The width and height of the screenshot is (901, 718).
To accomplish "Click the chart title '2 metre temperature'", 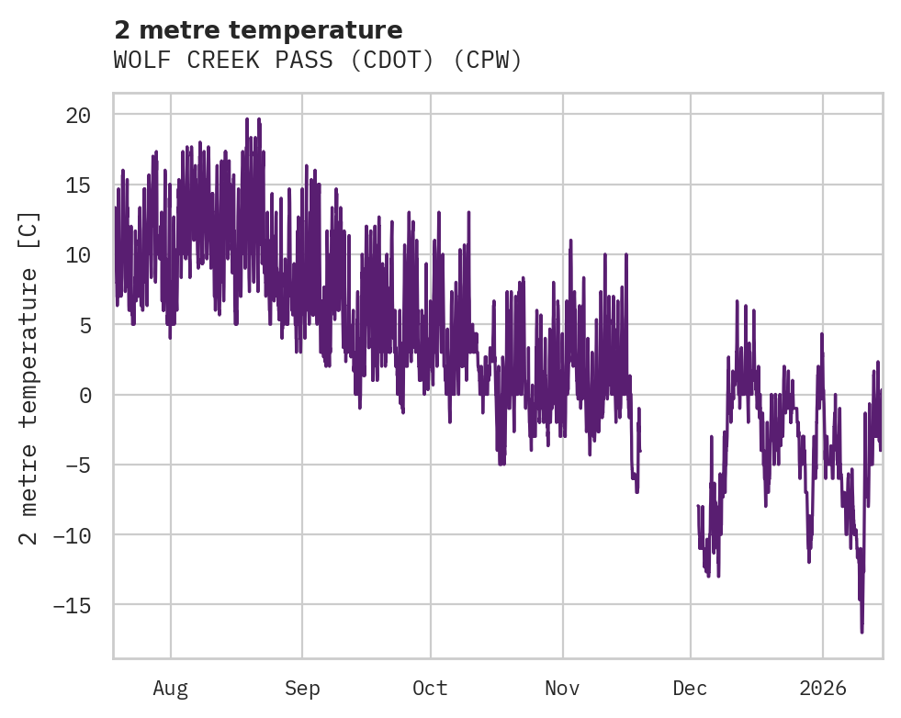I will (258, 30).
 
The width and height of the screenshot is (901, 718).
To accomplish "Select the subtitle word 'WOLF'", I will (140, 61).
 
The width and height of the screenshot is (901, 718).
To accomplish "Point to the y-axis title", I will (29, 377).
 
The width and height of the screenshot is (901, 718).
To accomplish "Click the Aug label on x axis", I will (170, 688).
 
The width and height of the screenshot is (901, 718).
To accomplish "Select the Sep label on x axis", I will (302, 688).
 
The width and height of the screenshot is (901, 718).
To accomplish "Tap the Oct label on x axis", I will (430, 688).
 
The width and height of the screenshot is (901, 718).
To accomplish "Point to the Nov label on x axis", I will (562, 688).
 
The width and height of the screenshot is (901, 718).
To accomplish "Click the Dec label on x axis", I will (690, 688).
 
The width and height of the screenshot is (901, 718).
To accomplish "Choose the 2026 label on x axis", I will (822, 688).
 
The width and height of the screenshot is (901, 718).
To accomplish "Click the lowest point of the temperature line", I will (862, 632).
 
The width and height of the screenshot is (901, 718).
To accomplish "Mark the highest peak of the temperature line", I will (247, 118).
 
